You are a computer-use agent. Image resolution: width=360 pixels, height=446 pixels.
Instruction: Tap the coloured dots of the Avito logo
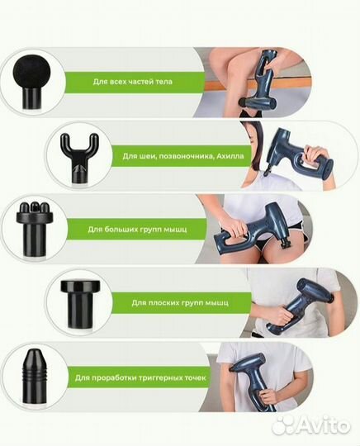click(284, 424)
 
